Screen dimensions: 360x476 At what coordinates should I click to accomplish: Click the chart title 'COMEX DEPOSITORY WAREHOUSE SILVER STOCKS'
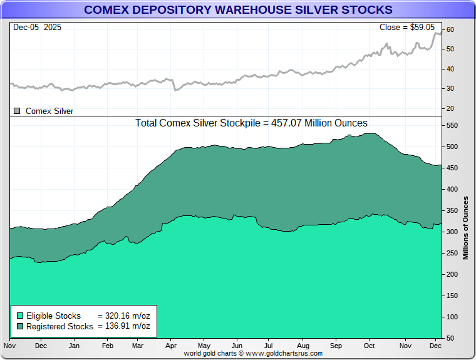pyautogui.click(x=238, y=10)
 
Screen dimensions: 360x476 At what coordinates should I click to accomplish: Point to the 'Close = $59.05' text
pyautogui.click(x=410, y=28)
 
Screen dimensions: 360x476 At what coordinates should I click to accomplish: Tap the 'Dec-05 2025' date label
pyautogui.click(x=36, y=28)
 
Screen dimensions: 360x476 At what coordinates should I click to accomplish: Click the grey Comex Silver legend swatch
pyautogui.click(x=17, y=111)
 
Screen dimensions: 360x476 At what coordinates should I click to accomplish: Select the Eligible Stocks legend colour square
pyautogui.click(x=20, y=316)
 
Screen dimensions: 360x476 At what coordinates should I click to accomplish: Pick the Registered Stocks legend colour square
pyautogui.click(x=20, y=326)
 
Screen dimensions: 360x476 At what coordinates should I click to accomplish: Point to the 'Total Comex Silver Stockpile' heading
pyautogui.click(x=251, y=123)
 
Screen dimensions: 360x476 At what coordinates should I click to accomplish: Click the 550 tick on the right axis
pyautogui.click(x=452, y=126)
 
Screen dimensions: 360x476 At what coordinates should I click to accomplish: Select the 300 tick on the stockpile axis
pyautogui.click(x=452, y=232)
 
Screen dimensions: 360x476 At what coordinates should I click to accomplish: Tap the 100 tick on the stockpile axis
pyautogui.click(x=452, y=317)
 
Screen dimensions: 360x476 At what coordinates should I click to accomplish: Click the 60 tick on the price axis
pyautogui.click(x=450, y=30)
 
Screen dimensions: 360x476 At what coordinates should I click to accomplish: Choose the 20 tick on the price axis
pyautogui.click(x=450, y=108)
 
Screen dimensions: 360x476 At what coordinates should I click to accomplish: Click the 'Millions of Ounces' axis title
pyautogui.click(x=466, y=228)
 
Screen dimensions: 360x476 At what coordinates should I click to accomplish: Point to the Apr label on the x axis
pyautogui.click(x=170, y=346)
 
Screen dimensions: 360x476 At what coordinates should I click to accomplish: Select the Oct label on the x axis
pyautogui.click(x=369, y=346)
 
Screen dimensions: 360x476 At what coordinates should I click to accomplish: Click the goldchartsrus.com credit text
pyautogui.click(x=253, y=353)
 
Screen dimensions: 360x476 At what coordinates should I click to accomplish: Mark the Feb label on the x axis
pyautogui.click(x=107, y=346)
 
